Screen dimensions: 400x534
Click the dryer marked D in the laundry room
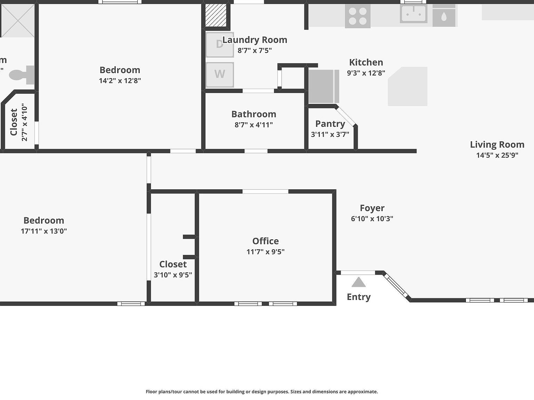point(220,44)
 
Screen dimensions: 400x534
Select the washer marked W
point(220,74)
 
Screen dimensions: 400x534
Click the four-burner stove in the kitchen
point(357,16)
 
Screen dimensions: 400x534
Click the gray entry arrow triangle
point(358,282)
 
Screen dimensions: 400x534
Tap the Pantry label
point(330,124)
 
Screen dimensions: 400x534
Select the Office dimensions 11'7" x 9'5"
point(265,252)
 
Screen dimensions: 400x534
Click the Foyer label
point(372,208)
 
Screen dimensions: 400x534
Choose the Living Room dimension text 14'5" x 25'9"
point(497,155)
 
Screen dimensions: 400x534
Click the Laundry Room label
point(255,40)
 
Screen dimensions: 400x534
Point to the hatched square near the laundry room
point(216,15)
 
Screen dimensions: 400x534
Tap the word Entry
point(358,297)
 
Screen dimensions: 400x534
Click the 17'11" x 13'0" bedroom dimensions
point(44,231)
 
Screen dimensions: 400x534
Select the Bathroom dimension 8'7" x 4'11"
point(253,125)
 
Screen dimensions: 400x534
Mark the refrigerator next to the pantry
point(323,86)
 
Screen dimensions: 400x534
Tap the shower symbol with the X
point(18,20)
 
